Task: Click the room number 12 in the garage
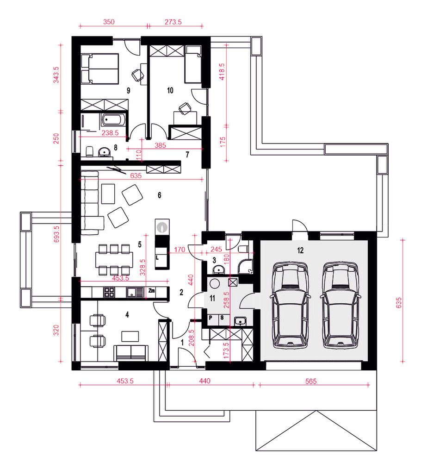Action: (300, 250)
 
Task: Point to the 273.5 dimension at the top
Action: (173, 22)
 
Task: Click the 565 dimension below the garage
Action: (311, 381)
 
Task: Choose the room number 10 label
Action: (170, 90)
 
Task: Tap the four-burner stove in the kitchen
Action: (109, 292)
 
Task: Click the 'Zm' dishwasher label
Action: (152, 291)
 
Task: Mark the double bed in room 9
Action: (100, 69)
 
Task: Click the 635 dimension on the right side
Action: (399, 303)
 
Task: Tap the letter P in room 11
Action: (210, 318)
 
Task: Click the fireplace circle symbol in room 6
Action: (162, 227)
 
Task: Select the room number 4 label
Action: (127, 315)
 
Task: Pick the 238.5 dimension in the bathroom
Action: (110, 133)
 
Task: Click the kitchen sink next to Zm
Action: (135, 292)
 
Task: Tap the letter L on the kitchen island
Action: (157, 257)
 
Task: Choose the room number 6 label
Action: (160, 195)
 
